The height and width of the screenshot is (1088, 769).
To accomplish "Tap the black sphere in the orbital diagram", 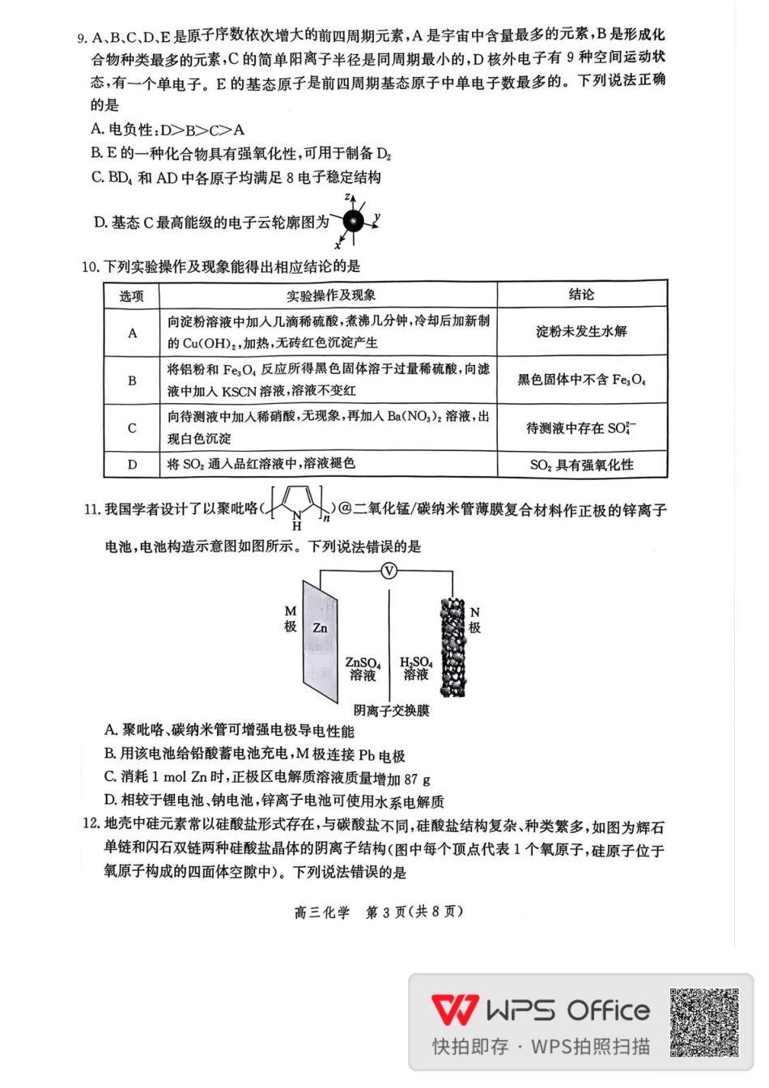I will pos(354,221).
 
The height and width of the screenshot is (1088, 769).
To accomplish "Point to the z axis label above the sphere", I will pos(346,197).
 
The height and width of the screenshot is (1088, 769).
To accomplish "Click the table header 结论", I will pos(581,295).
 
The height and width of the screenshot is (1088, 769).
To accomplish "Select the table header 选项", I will pos(131,296).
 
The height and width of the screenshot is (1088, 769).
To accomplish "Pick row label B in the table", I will pos(132,380).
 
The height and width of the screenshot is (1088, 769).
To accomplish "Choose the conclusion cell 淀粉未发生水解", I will pos(581,332).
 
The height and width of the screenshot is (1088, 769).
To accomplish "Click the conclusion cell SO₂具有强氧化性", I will pos(581,465).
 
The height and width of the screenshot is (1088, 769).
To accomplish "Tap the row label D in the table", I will pos(132,465).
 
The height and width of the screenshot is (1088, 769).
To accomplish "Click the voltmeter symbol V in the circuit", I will pos(389,571).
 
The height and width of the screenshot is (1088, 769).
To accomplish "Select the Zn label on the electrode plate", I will pos(321,627).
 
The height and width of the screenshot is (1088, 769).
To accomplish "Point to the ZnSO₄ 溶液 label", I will pos(363,669).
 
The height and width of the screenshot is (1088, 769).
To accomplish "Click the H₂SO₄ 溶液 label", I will pos(416,668).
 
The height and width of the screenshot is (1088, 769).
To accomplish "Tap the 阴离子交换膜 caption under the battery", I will pos(392,711).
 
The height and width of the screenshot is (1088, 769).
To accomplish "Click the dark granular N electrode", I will pos(453,648).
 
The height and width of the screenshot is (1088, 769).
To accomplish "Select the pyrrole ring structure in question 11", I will pos(295,507).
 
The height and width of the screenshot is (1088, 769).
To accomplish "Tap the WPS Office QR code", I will pos(704,1022).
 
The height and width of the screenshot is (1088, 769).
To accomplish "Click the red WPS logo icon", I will pos(454,1010).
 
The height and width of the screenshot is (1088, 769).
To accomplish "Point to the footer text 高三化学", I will pos(321,912).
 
